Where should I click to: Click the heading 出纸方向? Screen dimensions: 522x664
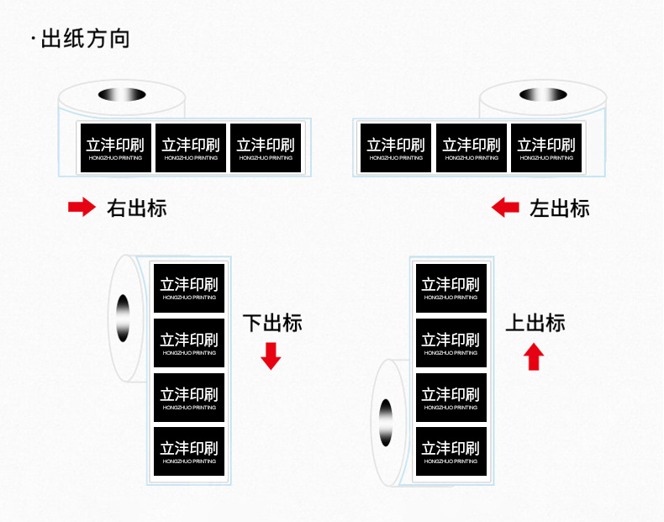[x=85, y=40]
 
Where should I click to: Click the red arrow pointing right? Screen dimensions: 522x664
[x=82, y=208]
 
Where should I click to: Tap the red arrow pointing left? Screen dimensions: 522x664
[x=505, y=208]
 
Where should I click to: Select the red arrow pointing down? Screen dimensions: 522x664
[x=271, y=356]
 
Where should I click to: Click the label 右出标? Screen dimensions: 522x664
[x=137, y=208]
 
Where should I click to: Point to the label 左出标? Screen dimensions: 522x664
[x=560, y=208]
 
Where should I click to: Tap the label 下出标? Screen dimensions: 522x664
[x=272, y=323]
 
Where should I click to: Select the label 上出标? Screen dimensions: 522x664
[x=535, y=323]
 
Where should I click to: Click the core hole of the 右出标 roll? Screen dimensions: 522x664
[x=121, y=94]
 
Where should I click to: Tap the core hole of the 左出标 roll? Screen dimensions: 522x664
[x=542, y=94]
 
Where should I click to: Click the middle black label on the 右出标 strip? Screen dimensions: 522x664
[x=191, y=148]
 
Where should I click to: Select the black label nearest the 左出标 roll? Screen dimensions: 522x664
[x=546, y=148]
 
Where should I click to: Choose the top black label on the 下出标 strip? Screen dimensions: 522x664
[x=189, y=287]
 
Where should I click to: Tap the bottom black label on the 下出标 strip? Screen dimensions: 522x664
[x=189, y=451]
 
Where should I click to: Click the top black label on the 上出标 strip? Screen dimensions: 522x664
[x=451, y=287]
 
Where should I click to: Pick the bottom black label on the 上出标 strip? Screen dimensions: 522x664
[x=451, y=451]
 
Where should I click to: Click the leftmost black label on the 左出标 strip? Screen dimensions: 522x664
[x=395, y=148]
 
